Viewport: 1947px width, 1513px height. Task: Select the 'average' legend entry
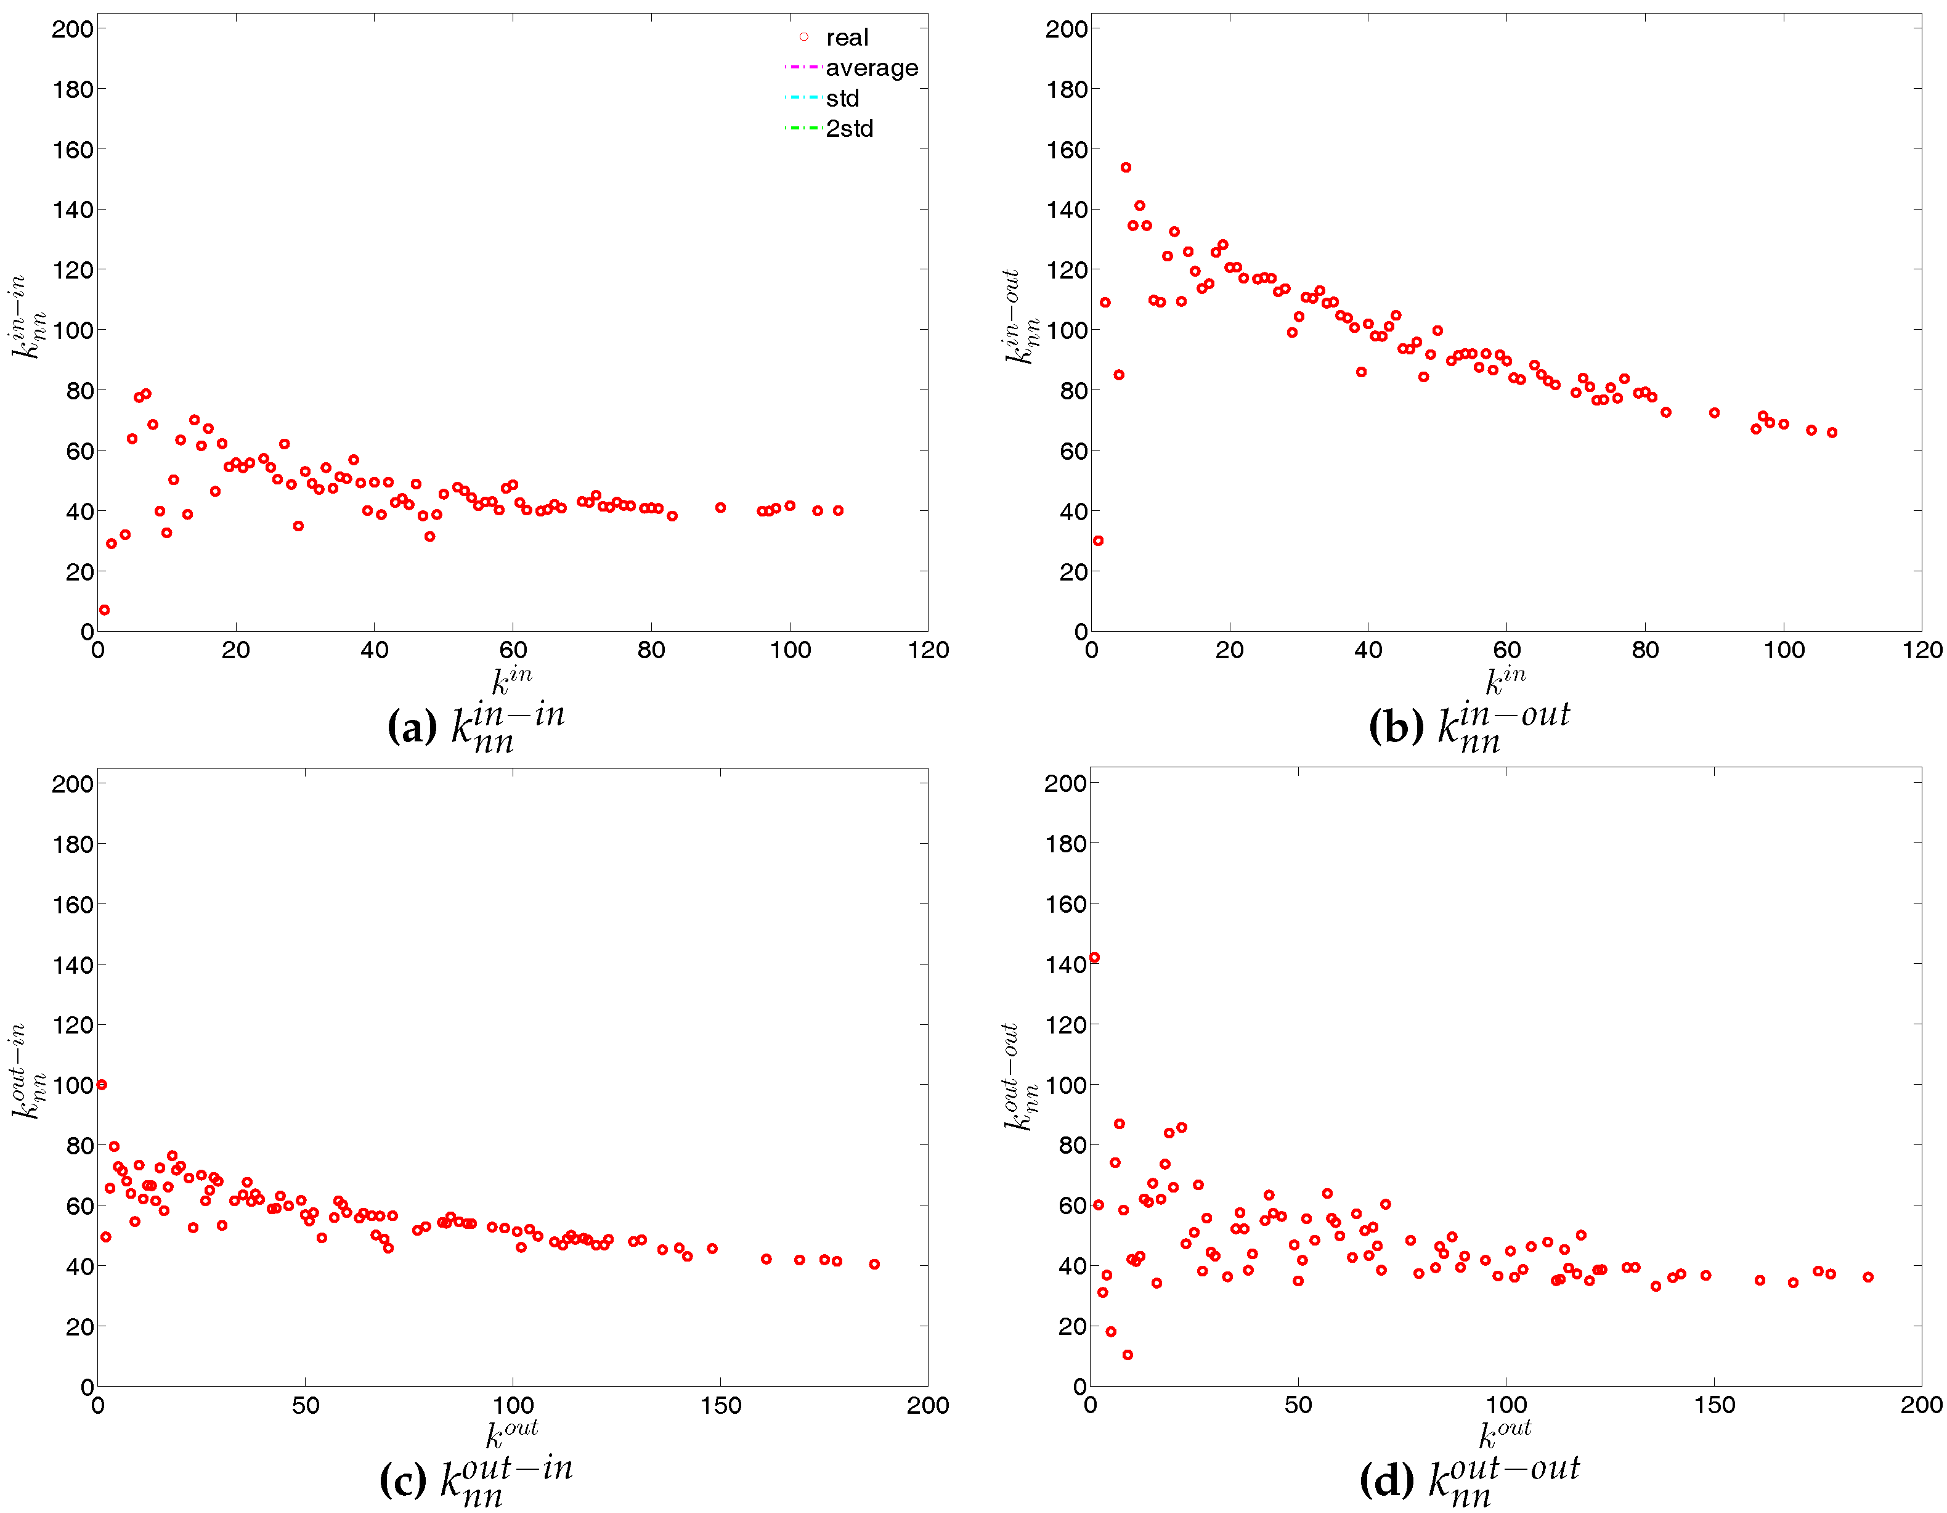(871, 68)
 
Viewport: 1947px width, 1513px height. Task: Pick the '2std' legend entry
(848, 128)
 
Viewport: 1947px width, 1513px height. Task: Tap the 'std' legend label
(842, 98)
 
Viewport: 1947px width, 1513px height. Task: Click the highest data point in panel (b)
(1126, 168)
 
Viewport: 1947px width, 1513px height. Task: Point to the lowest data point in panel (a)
(104, 610)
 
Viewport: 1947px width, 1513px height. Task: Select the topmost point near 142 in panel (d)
(1095, 958)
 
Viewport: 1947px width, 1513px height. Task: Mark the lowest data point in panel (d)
(1128, 1354)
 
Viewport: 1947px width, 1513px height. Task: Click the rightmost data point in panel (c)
(874, 1263)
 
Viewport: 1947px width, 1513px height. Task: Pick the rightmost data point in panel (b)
(1832, 433)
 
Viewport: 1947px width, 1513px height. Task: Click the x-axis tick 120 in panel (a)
(928, 650)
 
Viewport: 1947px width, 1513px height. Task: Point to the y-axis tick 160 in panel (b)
(1066, 150)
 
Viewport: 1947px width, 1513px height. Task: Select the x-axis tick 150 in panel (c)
(720, 1405)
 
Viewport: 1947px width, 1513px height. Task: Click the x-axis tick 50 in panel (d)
(1298, 1405)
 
